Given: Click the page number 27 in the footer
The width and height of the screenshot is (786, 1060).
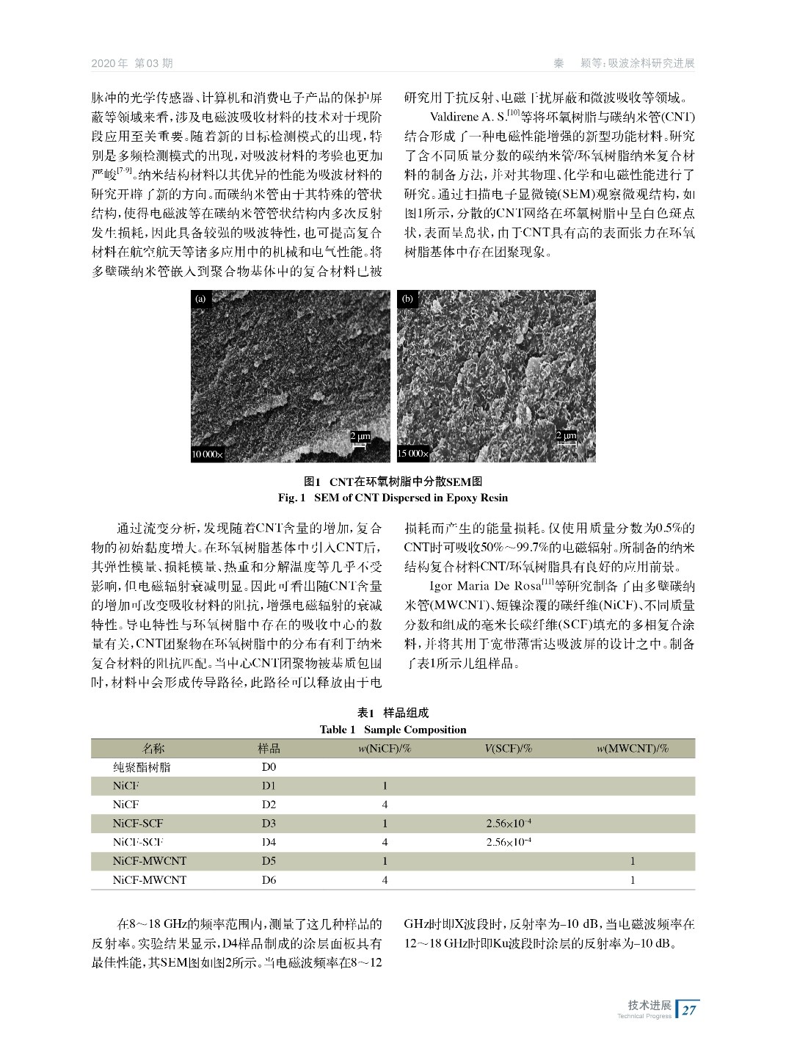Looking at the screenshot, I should click(x=689, y=1010).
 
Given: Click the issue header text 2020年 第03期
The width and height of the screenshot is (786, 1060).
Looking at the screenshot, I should click(x=132, y=63).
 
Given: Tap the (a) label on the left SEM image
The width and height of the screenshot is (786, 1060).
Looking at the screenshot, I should click(x=200, y=299).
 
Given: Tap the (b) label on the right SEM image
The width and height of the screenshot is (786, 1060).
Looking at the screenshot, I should click(x=407, y=299).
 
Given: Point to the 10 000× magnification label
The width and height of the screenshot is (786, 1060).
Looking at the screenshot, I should click(x=207, y=454).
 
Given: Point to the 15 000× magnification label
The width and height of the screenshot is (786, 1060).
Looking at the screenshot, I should click(x=413, y=454).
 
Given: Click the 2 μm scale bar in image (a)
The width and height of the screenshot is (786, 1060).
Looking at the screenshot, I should click(x=360, y=438).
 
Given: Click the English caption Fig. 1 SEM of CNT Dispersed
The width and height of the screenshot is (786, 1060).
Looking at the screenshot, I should click(x=393, y=498).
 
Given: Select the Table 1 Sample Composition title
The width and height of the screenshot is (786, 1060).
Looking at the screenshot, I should click(x=393, y=730).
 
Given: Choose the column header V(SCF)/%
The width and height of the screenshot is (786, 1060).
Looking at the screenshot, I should click(x=508, y=749).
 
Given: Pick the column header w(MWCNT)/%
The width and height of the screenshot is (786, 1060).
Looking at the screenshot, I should click(x=632, y=749).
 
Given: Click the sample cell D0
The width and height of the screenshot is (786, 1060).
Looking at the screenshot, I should click(x=269, y=767).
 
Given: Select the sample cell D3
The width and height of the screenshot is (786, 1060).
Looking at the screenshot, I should click(x=269, y=824).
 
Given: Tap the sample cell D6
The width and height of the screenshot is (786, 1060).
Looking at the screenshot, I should click(x=269, y=879).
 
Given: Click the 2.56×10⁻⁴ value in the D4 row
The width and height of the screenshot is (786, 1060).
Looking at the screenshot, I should click(x=509, y=842).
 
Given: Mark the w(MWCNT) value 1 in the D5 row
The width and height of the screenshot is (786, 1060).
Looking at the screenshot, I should click(x=633, y=861).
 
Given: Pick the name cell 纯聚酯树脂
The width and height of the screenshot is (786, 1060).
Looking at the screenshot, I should click(x=142, y=767).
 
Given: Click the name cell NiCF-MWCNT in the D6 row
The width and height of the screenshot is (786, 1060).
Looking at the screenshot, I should click(x=150, y=879).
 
